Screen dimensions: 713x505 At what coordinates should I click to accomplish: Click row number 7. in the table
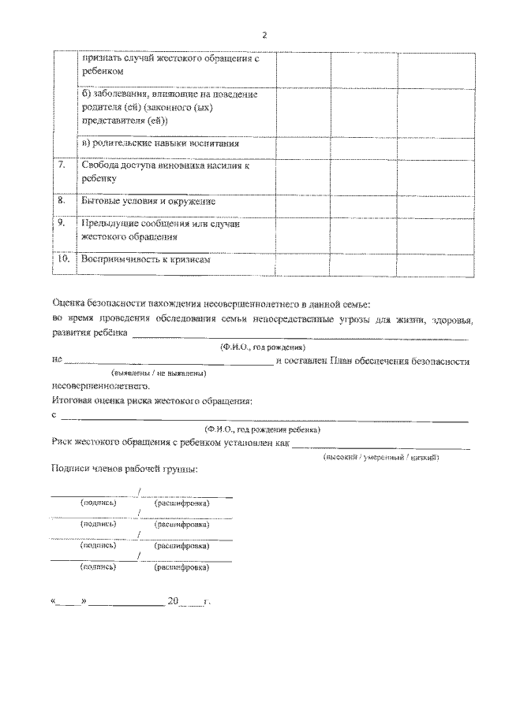tap(62, 165)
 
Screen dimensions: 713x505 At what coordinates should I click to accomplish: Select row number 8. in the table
tap(62, 201)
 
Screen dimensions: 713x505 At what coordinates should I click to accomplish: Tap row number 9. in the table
tap(62, 223)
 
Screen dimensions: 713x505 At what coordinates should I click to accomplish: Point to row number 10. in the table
tap(65, 258)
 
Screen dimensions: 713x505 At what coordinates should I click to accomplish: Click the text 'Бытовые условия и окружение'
tap(148, 202)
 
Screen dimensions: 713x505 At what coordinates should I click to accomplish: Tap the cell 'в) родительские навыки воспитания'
tap(160, 144)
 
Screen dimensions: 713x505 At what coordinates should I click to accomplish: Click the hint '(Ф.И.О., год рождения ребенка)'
tap(262, 429)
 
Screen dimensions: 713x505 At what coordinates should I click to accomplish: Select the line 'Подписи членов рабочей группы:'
tap(124, 470)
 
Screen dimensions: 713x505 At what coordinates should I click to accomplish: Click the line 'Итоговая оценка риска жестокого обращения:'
tap(151, 402)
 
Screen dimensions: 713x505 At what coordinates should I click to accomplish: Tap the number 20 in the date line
tap(174, 601)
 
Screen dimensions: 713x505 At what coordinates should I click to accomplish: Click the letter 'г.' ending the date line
tap(207, 602)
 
